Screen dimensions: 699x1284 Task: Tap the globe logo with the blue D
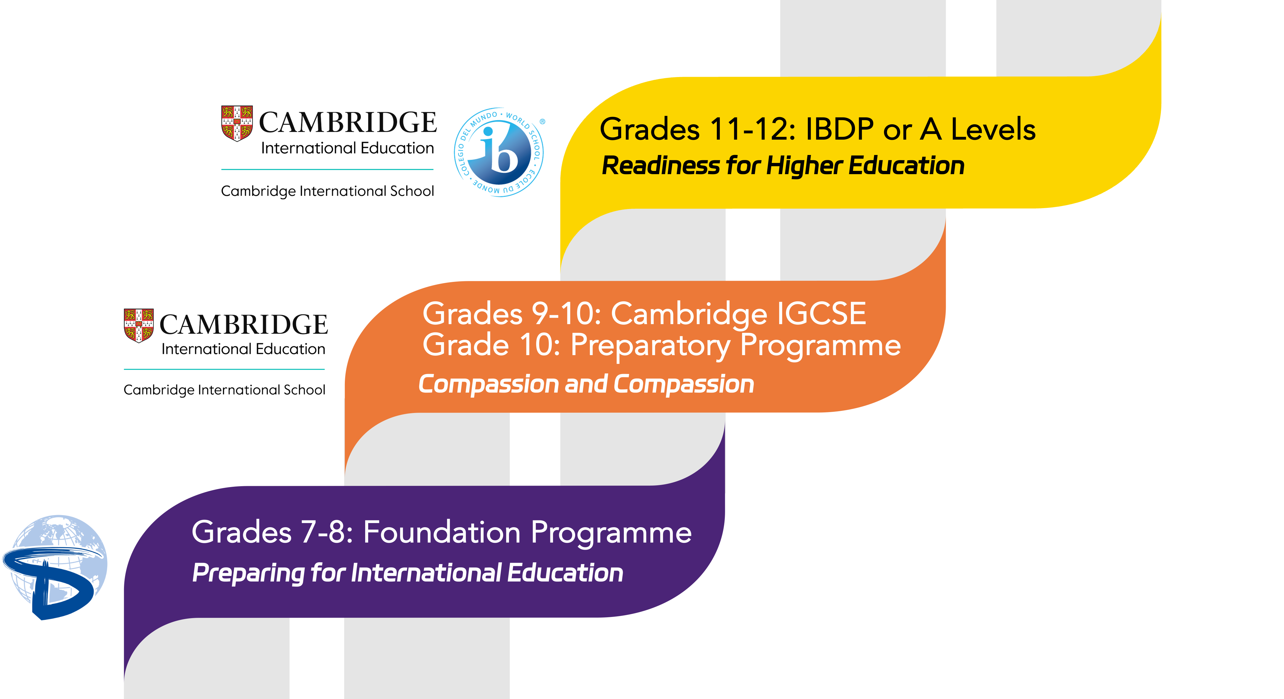[55, 568]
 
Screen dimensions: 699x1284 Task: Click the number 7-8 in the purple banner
[327, 533]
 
